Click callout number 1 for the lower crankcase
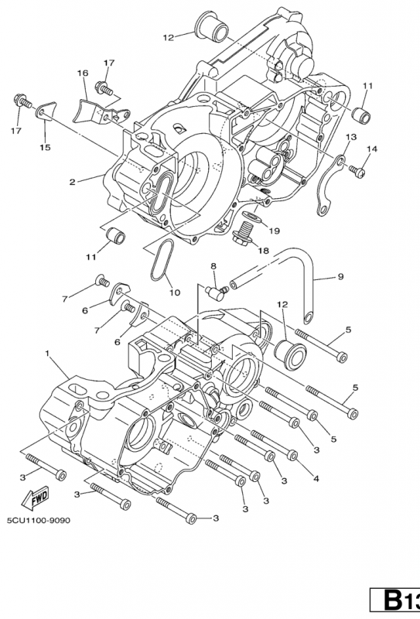point(49,354)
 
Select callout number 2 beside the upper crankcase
point(71,183)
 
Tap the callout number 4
point(316,479)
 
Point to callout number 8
point(213,266)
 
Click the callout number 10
point(173,292)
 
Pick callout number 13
point(350,136)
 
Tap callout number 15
point(45,147)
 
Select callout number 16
point(82,73)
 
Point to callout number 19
point(274,231)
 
